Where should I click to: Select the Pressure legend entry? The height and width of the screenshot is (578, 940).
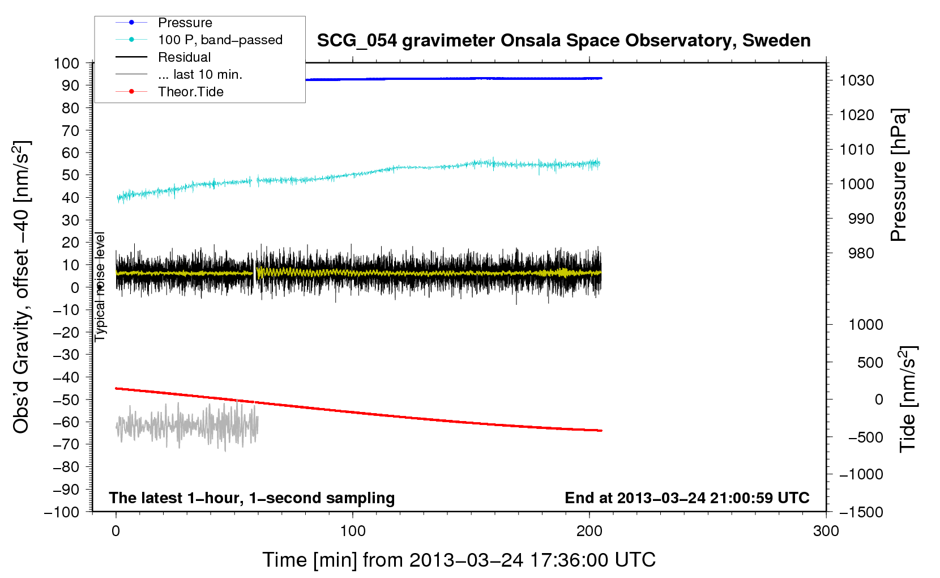click(164, 22)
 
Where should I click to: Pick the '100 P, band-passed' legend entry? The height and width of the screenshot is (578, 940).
click(199, 40)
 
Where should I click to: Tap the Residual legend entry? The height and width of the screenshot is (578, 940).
click(163, 57)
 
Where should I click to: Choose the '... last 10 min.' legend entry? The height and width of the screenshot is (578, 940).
click(179, 74)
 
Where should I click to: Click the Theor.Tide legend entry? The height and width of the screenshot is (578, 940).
click(169, 92)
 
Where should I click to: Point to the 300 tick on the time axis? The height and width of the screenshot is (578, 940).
click(826, 530)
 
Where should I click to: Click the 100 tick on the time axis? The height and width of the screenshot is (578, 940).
click(352, 530)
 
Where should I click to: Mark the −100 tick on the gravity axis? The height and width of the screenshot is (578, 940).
click(62, 512)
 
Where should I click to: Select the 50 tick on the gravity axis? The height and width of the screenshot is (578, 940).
click(70, 175)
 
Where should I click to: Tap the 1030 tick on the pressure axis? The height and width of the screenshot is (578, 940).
click(857, 80)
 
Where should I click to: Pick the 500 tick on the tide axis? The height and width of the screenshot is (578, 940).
click(870, 362)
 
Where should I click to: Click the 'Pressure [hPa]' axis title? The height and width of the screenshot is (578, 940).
click(899, 175)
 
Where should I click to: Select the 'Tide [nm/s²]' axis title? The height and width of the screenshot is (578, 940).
click(908, 399)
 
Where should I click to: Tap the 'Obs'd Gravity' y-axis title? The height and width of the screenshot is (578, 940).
click(22, 287)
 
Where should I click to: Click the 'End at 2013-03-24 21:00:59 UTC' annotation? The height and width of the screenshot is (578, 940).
click(687, 498)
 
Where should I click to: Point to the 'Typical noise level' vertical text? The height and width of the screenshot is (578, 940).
click(100, 287)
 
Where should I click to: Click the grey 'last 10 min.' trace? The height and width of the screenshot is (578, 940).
click(187, 425)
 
